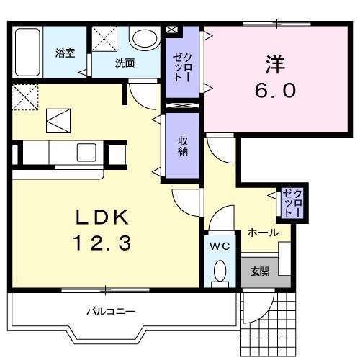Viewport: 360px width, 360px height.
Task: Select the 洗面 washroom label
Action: click(125, 63)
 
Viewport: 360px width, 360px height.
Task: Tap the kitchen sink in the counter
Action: click(87, 152)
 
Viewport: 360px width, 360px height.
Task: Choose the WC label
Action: click(219, 246)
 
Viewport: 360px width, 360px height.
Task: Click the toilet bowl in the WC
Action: click(220, 271)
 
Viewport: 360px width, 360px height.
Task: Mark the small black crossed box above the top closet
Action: click(171, 30)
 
